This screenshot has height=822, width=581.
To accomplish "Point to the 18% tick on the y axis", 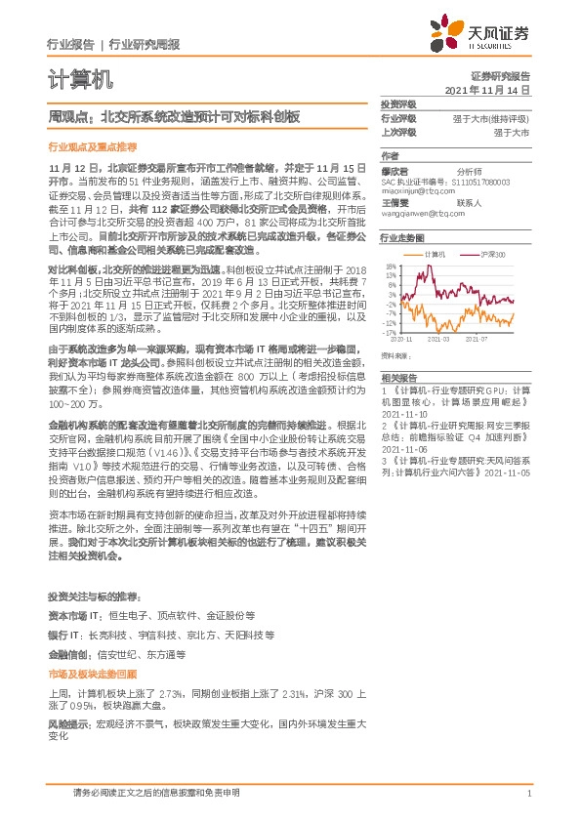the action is pyautogui.click(x=389, y=265).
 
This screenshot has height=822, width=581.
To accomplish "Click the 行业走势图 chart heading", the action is pyautogui.click(x=402, y=237).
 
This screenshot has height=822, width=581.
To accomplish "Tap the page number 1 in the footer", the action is pyautogui.click(x=528, y=795).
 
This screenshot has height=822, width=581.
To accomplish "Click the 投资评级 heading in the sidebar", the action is pyautogui.click(x=398, y=103).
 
